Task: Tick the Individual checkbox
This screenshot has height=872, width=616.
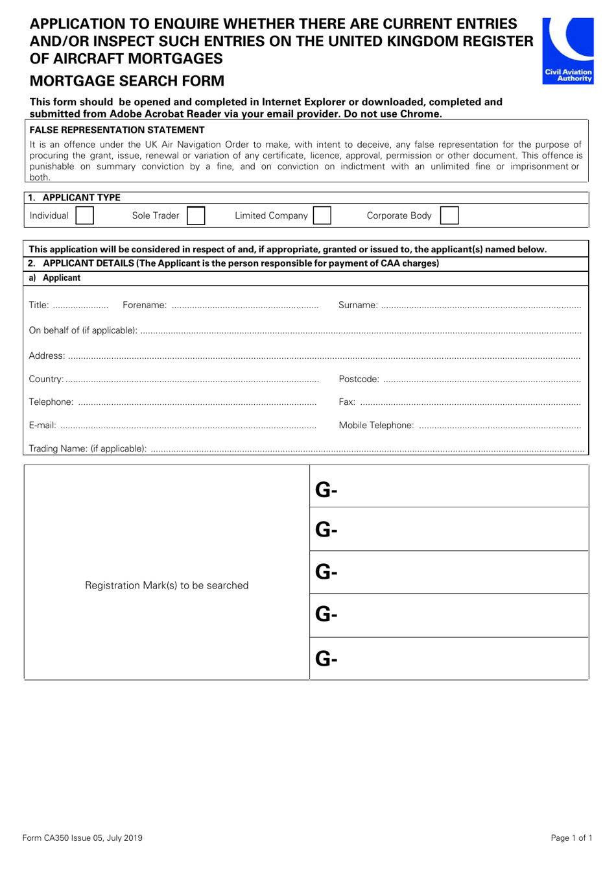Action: click(x=84, y=215)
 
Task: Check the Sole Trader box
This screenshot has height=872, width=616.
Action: click(x=196, y=215)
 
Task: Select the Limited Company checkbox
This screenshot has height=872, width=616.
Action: click(x=322, y=215)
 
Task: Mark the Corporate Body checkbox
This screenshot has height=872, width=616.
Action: click(x=449, y=215)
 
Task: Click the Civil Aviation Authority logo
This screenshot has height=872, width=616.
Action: click(x=568, y=51)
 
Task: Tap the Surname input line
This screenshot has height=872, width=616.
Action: click(x=480, y=306)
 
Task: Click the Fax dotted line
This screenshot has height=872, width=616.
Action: click(x=470, y=403)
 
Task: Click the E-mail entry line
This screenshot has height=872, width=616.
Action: click(x=188, y=426)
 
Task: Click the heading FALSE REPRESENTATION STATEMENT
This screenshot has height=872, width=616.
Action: click(x=117, y=130)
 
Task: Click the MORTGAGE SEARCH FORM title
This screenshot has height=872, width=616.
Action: click(x=127, y=81)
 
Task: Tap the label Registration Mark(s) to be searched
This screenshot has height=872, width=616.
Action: click(x=167, y=585)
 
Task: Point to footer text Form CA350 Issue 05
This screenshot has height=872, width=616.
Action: click(x=82, y=838)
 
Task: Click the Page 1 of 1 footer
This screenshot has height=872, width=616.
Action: click(x=571, y=838)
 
